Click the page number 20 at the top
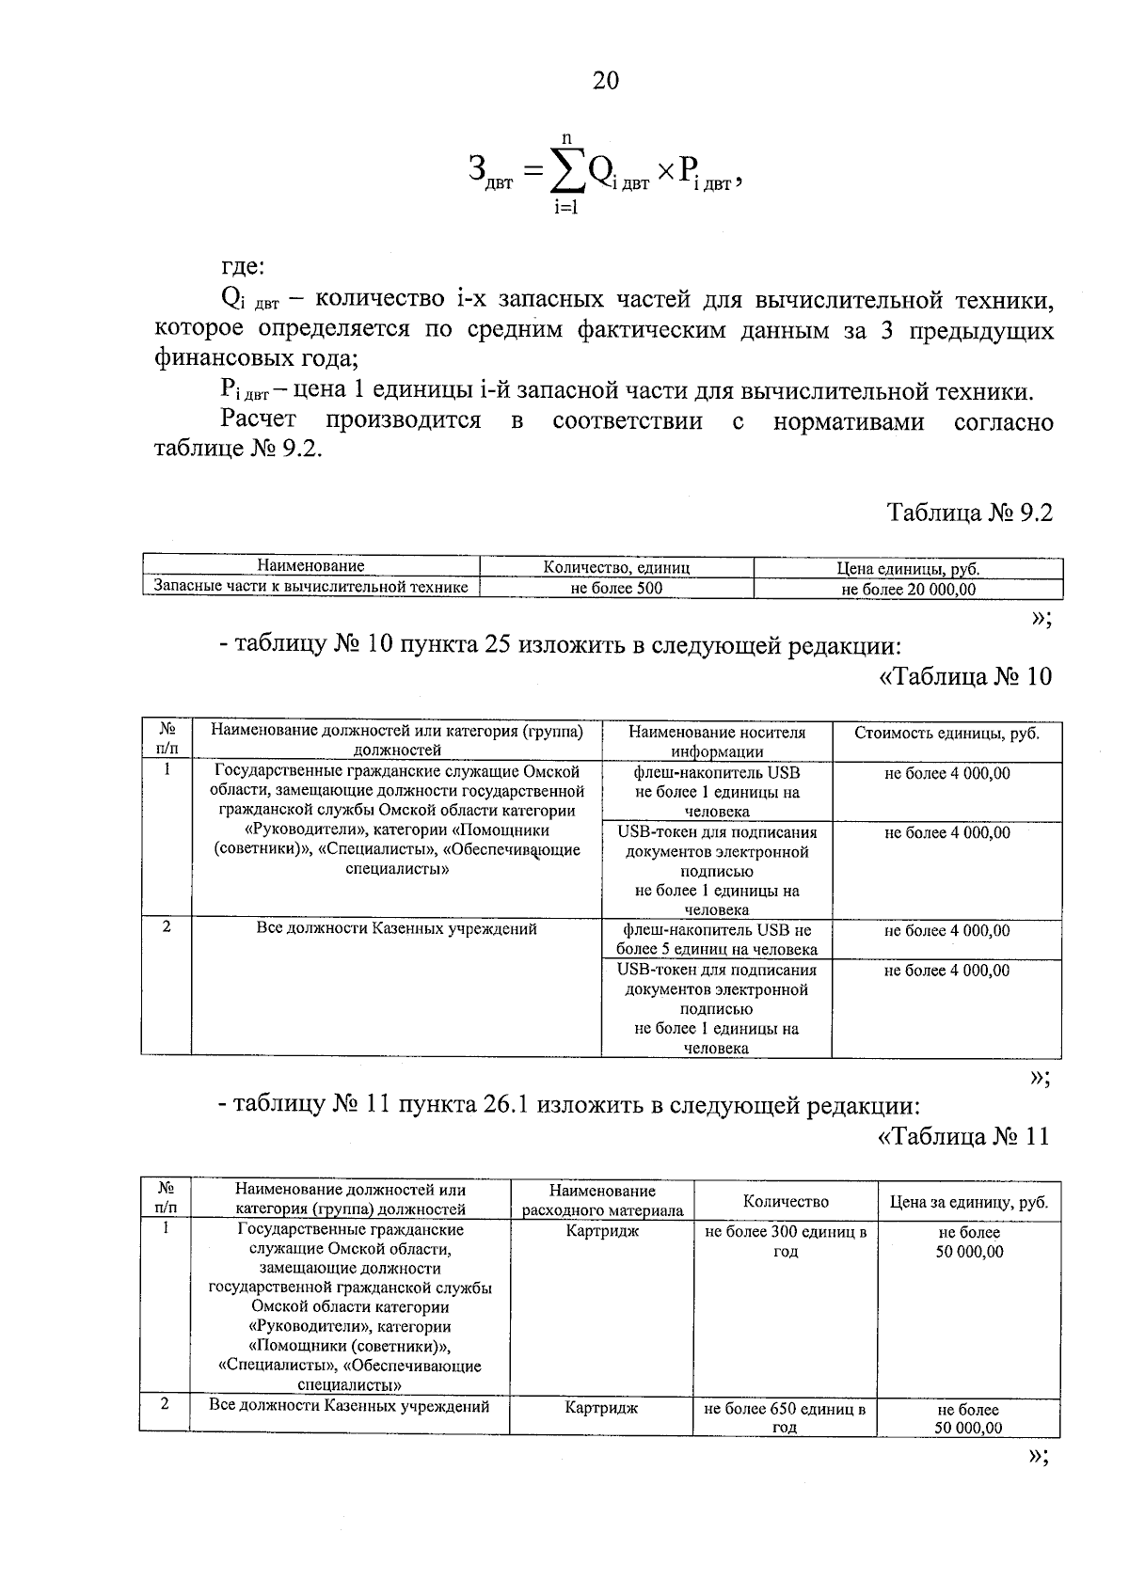(605, 80)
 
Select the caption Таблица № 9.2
(969, 513)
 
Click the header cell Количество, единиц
(616, 567)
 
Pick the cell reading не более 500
(616, 589)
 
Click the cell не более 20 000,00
(908, 589)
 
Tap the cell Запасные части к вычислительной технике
(310, 587)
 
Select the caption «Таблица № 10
(964, 676)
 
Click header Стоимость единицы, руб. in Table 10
(946, 733)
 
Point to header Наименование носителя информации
(716, 741)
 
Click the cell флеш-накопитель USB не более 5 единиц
(716, 939)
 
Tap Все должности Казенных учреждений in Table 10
(396, 928)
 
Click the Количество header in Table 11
(786, 1201)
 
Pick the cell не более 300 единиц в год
(786, 1241)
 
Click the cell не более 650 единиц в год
(786, 1417)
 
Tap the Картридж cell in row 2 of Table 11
(602, 1408)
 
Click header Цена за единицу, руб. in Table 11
(968, 1201)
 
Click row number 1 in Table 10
(167, 769)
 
